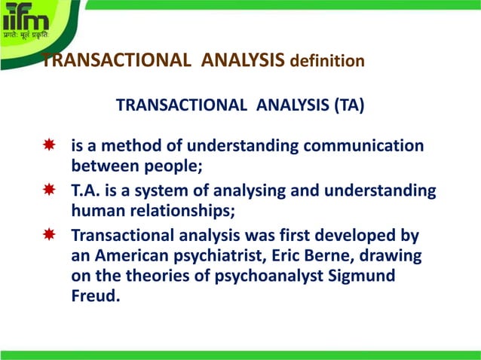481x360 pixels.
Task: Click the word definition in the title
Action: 327,59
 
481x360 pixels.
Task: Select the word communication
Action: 358,145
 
